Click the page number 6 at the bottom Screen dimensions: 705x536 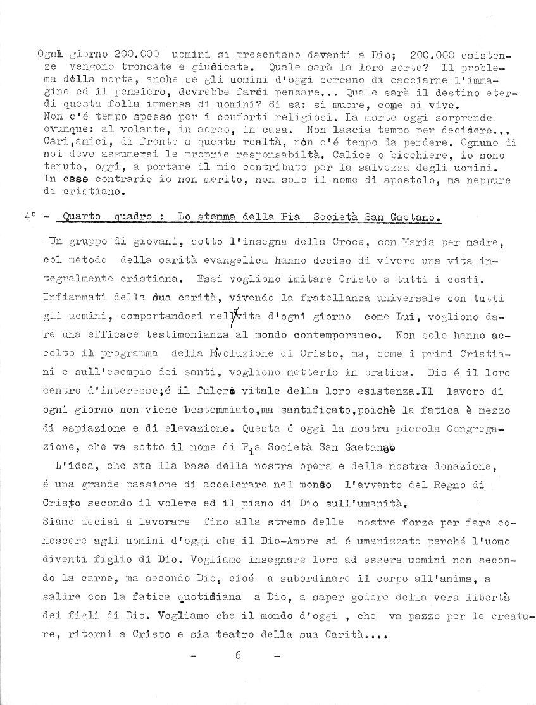pos(238,655)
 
